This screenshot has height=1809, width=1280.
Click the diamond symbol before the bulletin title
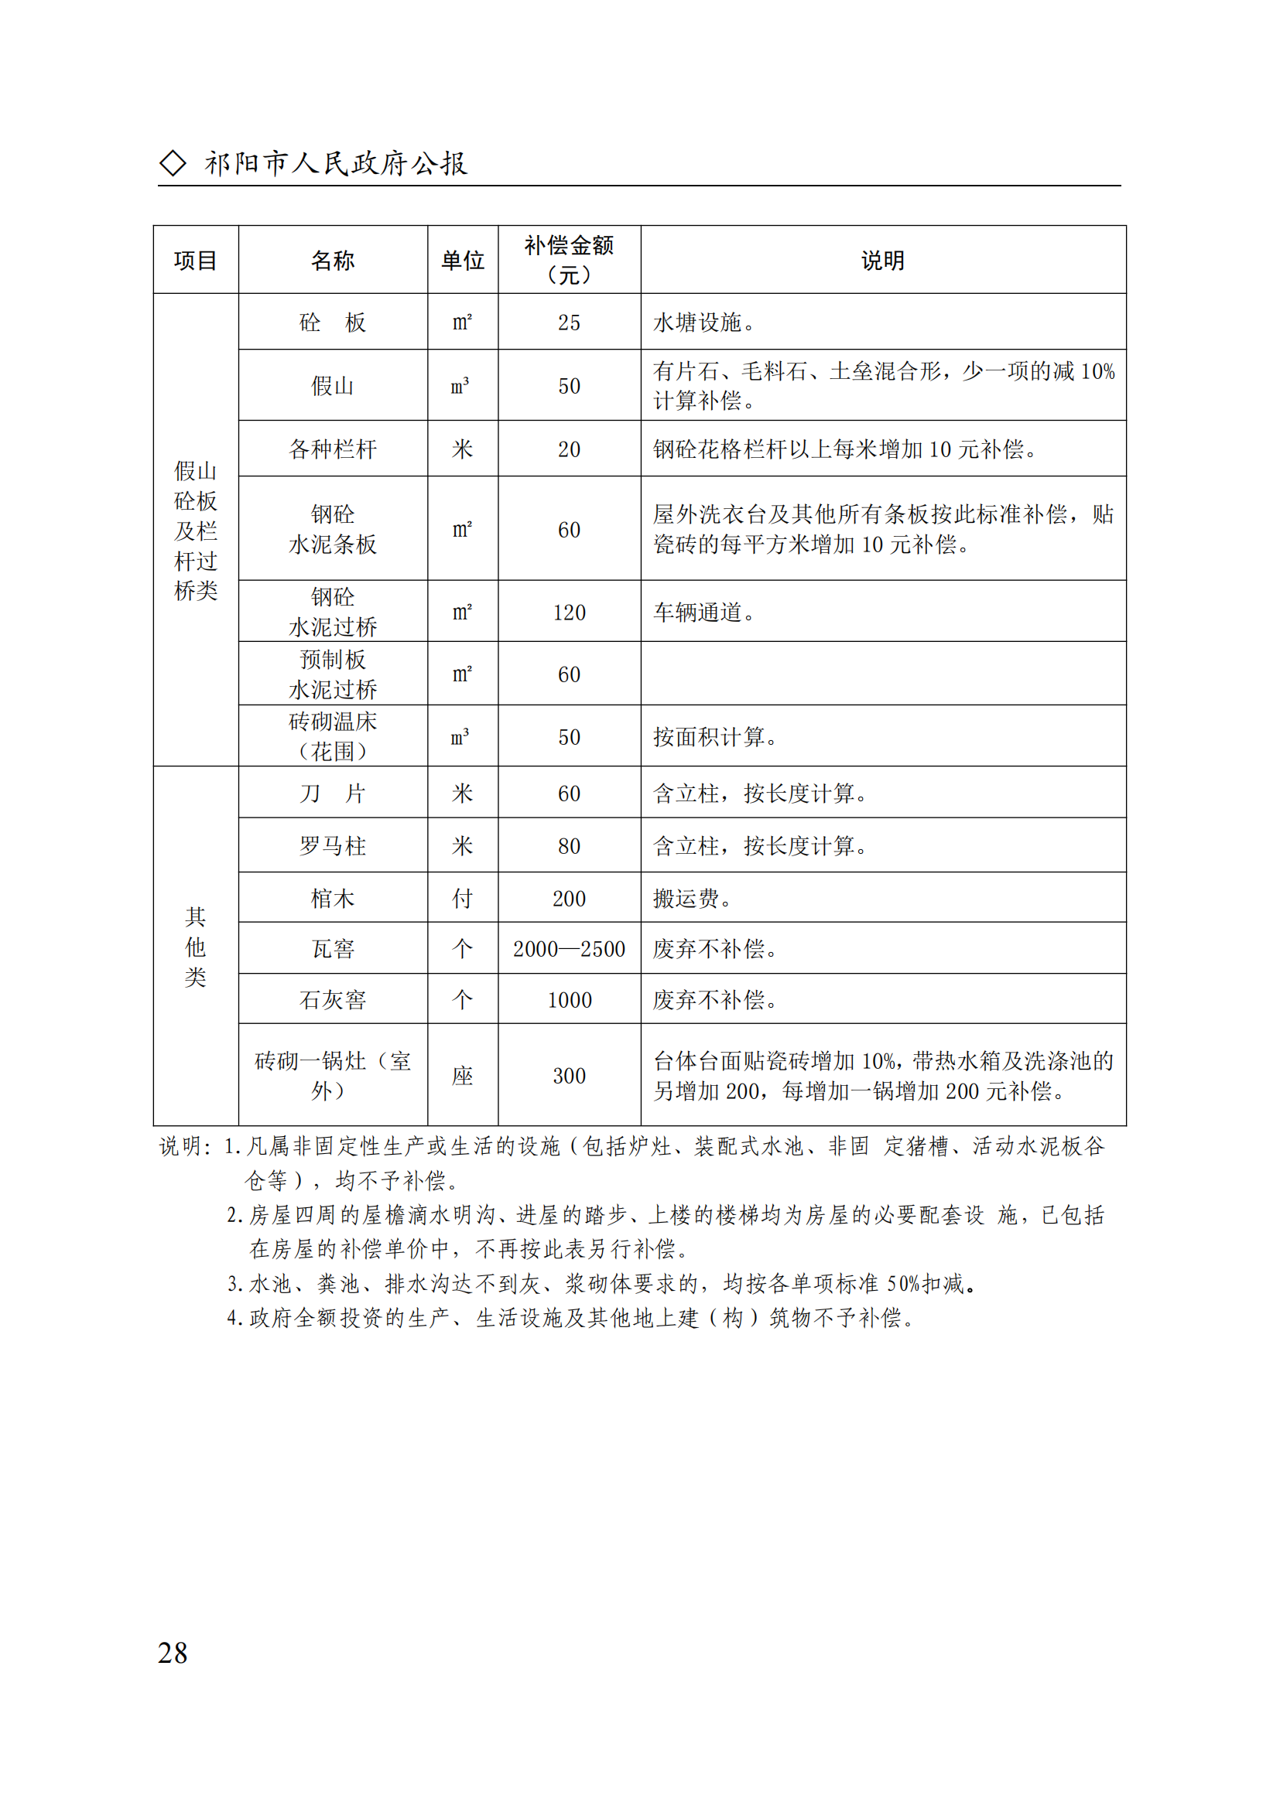click(x=173, y=163)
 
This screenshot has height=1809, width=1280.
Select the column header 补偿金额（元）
click(x=569, y=259)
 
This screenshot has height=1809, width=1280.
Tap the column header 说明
click(x=883, y=260)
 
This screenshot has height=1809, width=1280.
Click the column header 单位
click(x=463, y=260)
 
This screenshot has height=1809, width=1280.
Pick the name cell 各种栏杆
click(x=333, y=449)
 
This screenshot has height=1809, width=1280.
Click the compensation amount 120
click(x=569, y=613)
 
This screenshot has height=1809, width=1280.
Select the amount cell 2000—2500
click(x=569, y=949)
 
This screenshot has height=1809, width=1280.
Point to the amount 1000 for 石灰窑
click(x=569, y=1000)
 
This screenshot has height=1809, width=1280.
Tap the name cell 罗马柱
click(x=333, y=846)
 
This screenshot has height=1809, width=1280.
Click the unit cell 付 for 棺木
click(x=463, y=898)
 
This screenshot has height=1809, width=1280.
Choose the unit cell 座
click(x=463, y=1076)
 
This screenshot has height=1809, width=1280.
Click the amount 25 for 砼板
click(x=569, y=323)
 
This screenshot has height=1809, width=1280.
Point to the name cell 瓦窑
click(x=333, y=949)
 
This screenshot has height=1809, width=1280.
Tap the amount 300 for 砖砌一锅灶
click(x=569, y=1076)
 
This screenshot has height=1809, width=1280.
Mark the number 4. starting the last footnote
click(x=234, y=1317)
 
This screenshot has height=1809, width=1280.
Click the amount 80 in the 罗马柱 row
click(x=569, y=846)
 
